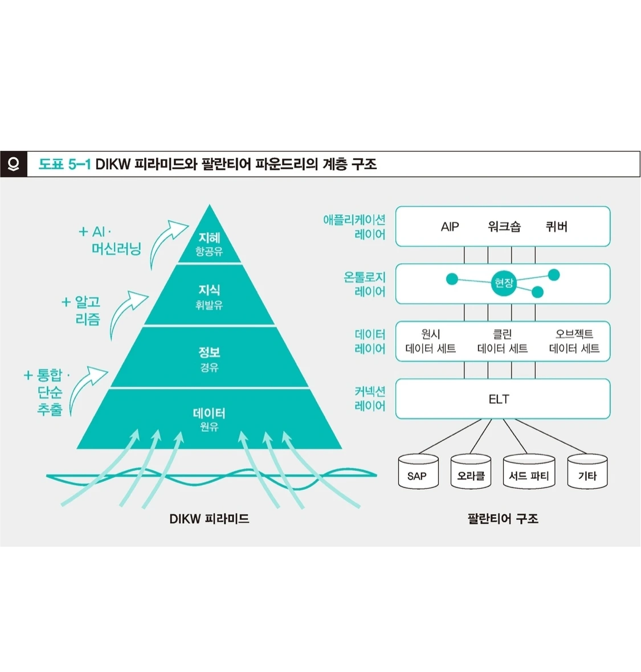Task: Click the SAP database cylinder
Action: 418,472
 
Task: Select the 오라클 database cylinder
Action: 471,472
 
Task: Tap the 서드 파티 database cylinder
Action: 529,472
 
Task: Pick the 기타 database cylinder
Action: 587,472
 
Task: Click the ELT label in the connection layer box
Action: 499,399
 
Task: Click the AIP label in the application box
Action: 450,227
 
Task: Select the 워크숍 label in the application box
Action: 504,227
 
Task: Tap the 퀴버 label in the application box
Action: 556,227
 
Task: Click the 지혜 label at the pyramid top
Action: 209,238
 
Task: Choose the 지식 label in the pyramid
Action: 209,290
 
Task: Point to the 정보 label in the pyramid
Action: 209,353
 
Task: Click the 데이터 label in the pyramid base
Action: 209,413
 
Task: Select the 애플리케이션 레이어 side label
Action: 354,227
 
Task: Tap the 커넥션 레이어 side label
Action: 370,399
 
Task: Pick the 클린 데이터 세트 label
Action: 502,341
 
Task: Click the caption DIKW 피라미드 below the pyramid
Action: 209,519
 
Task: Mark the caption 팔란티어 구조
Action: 503,519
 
